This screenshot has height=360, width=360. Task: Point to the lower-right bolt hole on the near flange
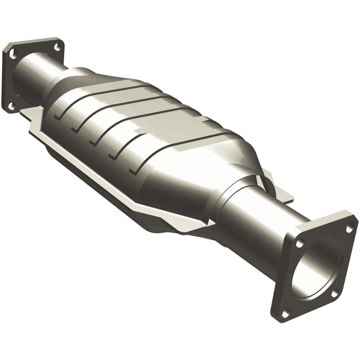tap(335, 294)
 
